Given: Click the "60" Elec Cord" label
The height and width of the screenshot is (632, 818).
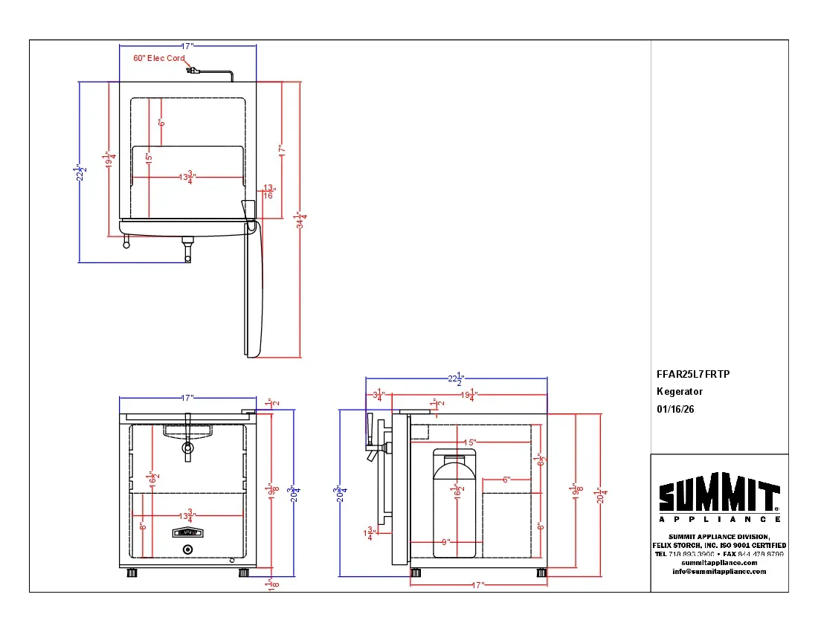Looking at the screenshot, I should click(159, 58).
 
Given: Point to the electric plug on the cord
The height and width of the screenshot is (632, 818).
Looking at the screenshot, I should click(193, 71).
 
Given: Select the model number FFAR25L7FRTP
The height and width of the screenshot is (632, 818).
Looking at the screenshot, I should click(693, 374).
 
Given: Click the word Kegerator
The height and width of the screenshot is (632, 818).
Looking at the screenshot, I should click(679, 391).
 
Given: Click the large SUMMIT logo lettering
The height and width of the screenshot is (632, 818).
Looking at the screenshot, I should click(718, 496).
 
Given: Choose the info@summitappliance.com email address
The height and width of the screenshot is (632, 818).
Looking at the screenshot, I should click(719, 571).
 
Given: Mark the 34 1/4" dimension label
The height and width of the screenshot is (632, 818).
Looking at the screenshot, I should click(300, 220).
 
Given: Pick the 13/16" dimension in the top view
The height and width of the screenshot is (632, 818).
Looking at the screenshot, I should click(268, 192).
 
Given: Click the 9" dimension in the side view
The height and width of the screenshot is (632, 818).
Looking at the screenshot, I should click(445, 541).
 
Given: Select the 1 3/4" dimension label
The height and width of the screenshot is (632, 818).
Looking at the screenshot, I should click(370, 534).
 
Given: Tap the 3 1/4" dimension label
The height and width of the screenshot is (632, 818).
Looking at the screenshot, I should click(379, 395).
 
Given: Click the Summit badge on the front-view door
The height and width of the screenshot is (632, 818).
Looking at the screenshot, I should click(187, 532).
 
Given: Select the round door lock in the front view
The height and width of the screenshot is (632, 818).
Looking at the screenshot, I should click(187, 549).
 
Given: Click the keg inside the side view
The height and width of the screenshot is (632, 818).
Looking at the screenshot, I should click(454, 502).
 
